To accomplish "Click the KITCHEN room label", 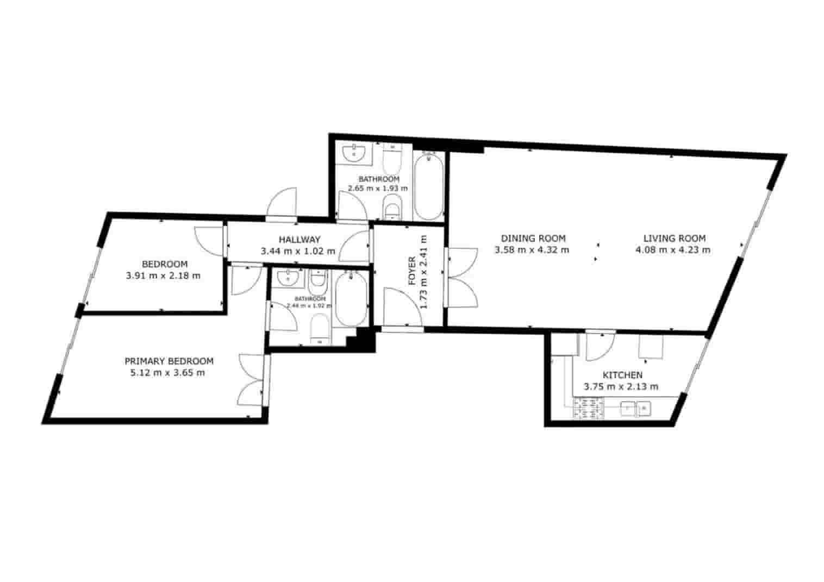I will (622, 375).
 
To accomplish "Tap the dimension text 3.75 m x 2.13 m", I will (621, 387).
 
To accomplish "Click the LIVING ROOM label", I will (674, 238).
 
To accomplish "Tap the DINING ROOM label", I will (533, 238).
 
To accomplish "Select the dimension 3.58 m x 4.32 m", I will (532, 250).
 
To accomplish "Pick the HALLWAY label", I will (299, 239).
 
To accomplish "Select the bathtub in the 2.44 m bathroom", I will (351, 299).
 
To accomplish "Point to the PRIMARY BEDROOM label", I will (168, 361).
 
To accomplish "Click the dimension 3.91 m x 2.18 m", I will (163, 276).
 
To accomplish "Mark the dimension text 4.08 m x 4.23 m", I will (673, 250).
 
